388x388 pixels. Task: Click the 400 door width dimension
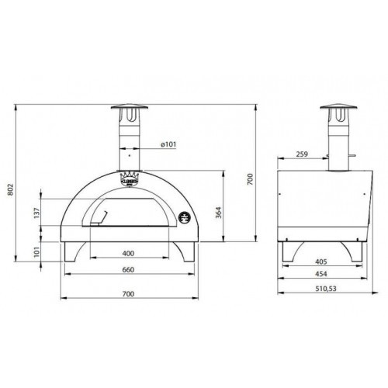(x=129, y=254)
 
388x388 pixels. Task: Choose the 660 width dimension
(x=129, y=272)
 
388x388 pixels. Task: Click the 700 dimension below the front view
(x=129, y=293)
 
